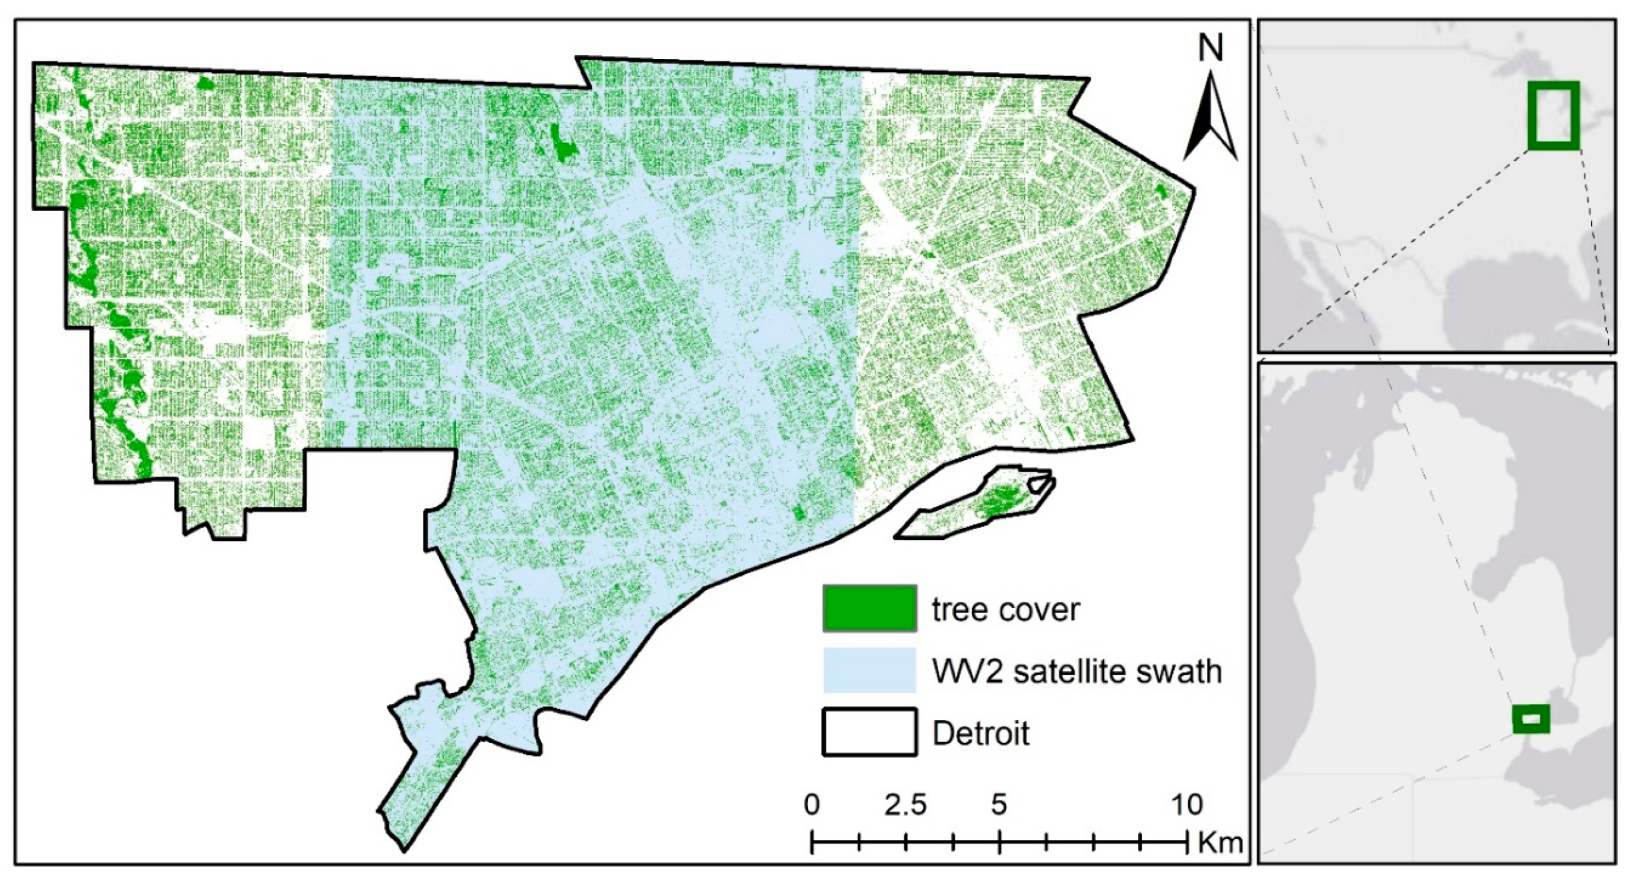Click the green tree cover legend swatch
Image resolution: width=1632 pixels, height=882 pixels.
[869, 608]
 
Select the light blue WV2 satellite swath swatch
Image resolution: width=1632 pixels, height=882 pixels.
[869, 670]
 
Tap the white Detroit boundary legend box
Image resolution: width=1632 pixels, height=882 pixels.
[869, 732]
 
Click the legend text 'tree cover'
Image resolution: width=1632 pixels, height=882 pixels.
[1005, 610]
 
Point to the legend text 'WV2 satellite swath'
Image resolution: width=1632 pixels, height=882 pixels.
[1077, 671]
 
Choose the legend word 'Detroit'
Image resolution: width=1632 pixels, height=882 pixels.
[981, 733]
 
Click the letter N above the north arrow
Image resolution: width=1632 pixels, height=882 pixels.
[1210, 48]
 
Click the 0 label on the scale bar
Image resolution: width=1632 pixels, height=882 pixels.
[812, 805]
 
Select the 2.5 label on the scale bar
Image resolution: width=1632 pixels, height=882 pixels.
[905, 805]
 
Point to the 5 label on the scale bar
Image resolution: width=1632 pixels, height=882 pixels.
[999, 805]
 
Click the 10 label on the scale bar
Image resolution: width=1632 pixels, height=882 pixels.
[1186, 805]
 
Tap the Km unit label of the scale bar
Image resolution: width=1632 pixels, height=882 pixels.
[1220, 843]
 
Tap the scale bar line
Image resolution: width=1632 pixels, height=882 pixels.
[999, 843]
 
